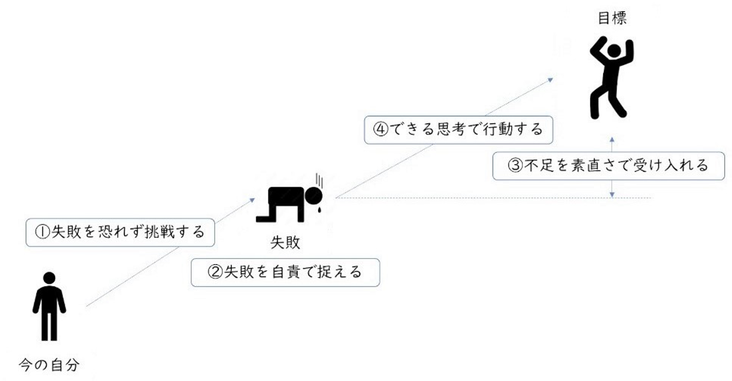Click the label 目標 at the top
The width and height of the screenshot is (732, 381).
(x=612, y=19)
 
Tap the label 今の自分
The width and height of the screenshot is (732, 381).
(x=49, y=364)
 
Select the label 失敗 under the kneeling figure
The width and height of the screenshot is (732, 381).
(x=285, y=242)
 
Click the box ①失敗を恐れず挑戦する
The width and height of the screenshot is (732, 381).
(x=119, y=233)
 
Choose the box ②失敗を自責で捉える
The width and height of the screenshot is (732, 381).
(x=285, y=272)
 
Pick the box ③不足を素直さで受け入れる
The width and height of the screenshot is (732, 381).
(x=608, y=166)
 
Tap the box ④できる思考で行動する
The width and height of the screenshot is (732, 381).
(x=458, y=130)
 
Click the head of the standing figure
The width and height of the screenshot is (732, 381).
(x=49, y=278)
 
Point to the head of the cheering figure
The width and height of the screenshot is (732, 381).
(x=614, y=50)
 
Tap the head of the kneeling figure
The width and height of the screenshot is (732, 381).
(x=314, y=196)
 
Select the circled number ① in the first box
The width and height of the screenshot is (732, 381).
(x=42, y=233)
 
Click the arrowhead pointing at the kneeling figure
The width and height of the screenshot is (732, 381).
(x=252, y=200)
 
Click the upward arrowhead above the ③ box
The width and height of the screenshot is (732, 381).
(x=613, y=138)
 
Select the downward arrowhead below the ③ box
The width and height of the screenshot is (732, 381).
(x=613, y=194)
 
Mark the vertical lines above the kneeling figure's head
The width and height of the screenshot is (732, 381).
(x=320, y=180)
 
